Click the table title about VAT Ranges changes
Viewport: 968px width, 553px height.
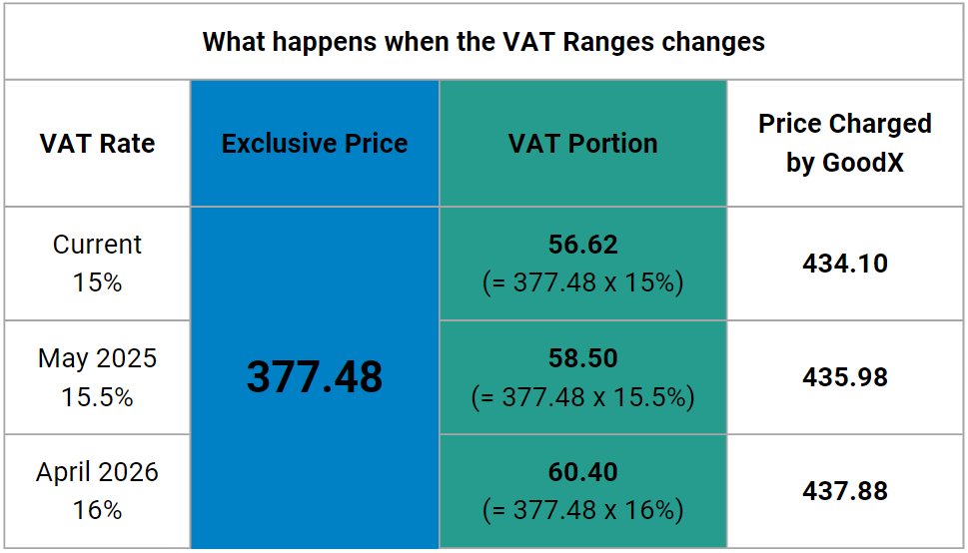click(484, 42)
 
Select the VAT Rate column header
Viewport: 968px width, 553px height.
click(97, 144)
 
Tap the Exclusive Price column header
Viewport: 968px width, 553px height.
click(315, 144)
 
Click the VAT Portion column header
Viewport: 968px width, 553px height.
click(582, 144)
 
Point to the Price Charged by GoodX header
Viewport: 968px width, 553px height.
click(844, 143)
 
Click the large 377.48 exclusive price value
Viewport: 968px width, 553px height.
click(315, 377)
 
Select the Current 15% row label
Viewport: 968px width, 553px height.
click(97, 264)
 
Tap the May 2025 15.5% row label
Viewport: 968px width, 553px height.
click(97, 377)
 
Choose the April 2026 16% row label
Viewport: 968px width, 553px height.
click(97, 491)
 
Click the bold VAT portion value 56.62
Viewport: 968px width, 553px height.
click(582, 245)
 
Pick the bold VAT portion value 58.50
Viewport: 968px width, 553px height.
click(582, 358)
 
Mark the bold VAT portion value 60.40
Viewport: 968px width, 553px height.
click(582, 472)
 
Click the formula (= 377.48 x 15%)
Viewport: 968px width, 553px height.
click(582, 283)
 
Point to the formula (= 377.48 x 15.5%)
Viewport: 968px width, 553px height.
click(582, 397)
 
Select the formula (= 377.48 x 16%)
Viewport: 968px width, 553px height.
click(582, 511)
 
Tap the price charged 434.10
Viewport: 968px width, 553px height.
click(844, 264)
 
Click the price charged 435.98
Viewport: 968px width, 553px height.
click(844, 377)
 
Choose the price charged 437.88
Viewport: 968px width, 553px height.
click(844, 491)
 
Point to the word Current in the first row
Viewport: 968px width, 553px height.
click(97, 245)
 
